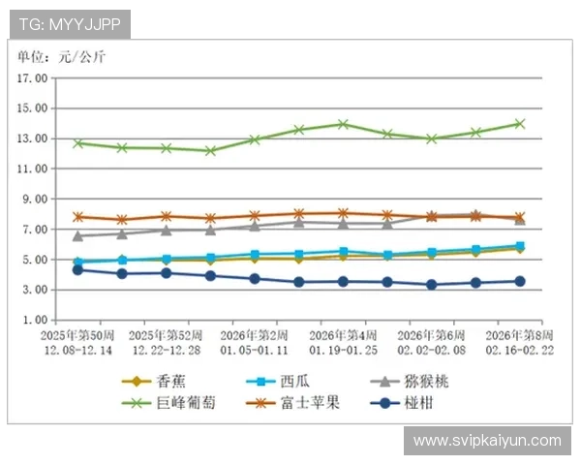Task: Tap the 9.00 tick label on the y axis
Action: [35, 200]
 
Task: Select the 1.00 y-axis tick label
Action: [35, 320]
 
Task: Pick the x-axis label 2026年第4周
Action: [344, 334]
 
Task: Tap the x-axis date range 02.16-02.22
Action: [518, 348]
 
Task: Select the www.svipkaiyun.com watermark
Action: [487, 441]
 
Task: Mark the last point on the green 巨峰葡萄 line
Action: [520, 123]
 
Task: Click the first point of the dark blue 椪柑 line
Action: [77, 269]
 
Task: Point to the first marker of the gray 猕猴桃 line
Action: [77, 235]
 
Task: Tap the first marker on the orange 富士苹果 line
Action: [77, 217]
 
